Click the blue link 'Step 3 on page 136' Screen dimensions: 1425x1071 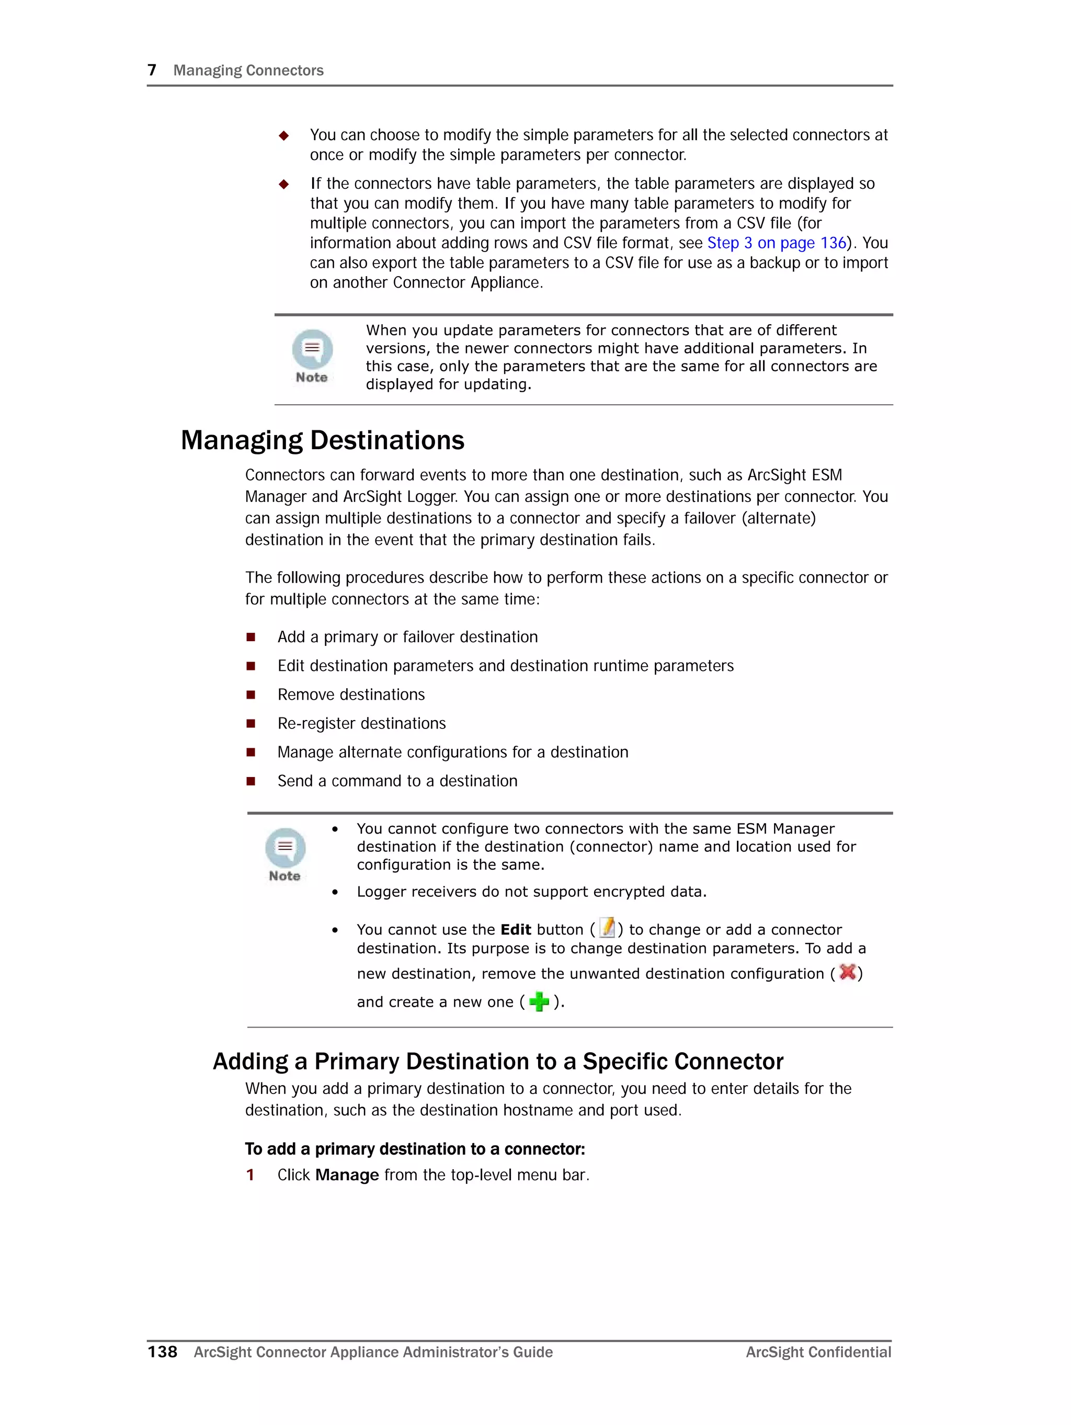point(776,243)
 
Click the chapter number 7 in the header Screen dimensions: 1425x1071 point(152,70)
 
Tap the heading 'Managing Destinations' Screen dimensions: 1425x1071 point(322,440)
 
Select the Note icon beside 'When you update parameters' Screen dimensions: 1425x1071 point(312,356)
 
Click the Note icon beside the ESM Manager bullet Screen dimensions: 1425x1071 point(285,854)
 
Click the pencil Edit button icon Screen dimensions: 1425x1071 point(607,928)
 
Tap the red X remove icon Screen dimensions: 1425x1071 point(847,972)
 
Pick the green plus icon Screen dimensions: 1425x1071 point(539,1001)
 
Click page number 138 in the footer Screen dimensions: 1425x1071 point(163,1352)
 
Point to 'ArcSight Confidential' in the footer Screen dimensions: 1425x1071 point(818,1352)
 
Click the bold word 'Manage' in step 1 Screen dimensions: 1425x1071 point(347,1175)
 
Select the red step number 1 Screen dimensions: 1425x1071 point(250,1175)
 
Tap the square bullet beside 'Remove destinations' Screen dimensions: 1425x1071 point(250,694)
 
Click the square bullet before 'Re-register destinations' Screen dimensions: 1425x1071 point(250,723)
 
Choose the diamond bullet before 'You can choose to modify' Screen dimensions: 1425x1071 point(283,135)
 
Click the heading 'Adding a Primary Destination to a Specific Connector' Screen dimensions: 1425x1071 point(497,1061)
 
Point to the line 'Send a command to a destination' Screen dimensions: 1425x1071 point(397,781)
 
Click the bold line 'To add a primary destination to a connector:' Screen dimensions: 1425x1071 point(414,1149)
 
